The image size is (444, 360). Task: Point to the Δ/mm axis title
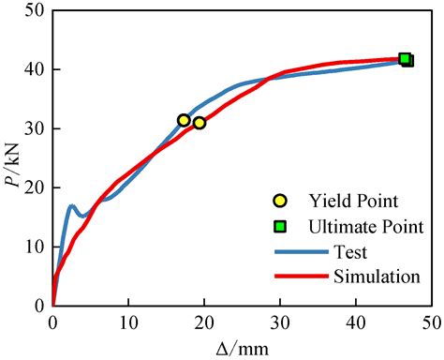pos(241,348)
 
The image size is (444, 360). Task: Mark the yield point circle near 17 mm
pos(184,120)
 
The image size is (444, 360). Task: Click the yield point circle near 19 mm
pos(199,123)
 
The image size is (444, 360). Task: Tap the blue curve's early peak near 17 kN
pos(71,205)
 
